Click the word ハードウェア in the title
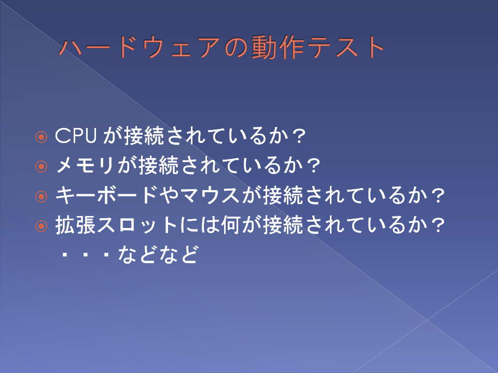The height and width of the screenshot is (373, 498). (x=139, y=47)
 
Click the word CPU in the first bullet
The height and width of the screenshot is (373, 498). (x=76, y=136)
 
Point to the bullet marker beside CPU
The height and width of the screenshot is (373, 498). (x=41, y=137)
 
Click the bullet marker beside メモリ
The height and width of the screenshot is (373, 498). (x=41, y=166)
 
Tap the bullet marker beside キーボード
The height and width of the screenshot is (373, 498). (x=41, y=196)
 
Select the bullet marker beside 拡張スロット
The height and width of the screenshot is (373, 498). (x=41, y=226)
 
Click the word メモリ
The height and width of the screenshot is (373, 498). (x=85, y=165)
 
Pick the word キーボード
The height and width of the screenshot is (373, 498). (x=106, y=195)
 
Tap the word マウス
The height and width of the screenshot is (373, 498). (x=210, y=195)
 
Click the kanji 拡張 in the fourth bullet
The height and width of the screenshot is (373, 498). (x=76, y=225)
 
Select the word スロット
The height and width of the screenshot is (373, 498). (x=137, y=225)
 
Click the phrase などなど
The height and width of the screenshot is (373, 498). (x=158, y=254)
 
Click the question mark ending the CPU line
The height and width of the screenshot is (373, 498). (x=299, y=136)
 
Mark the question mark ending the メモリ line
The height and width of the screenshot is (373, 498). (x=313, y=166)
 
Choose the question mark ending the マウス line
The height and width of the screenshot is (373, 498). (x=438, y=196)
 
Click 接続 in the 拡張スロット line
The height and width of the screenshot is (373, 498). (x=283, y=225)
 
